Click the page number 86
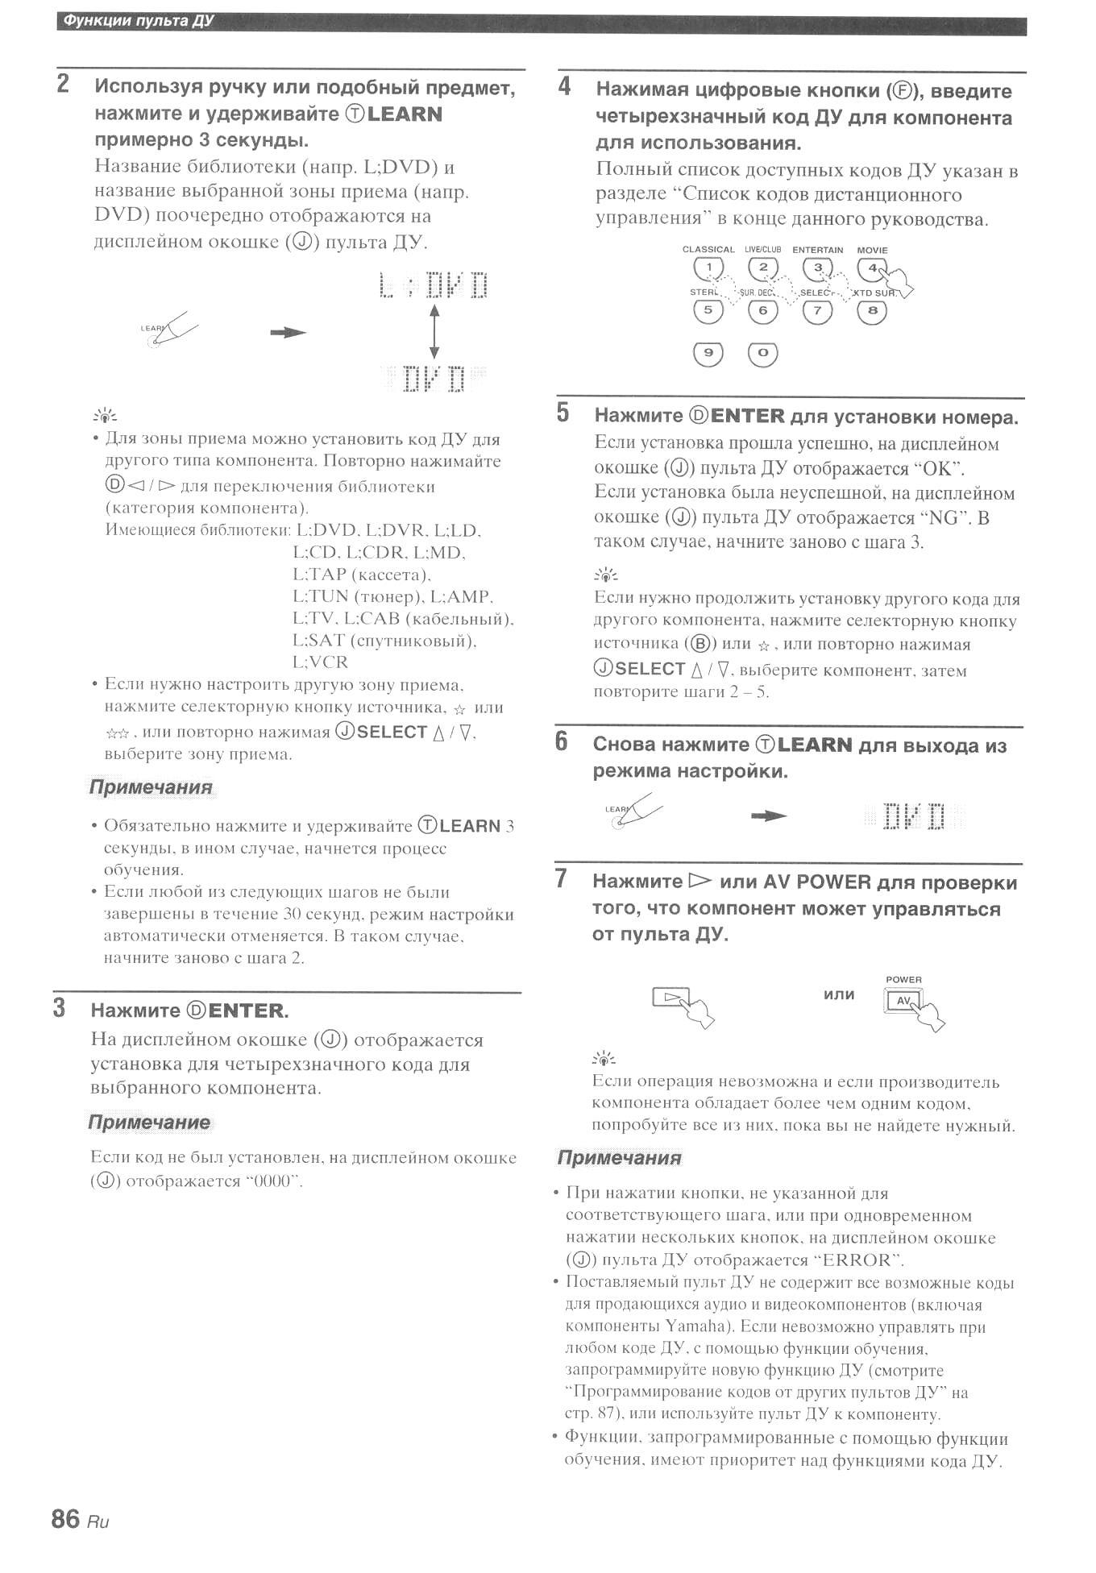pyautogui.click(x=65, y=1519)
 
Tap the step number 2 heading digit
pyautogui.click(x=63, y=84)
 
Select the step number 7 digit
pyautogui.click(x=562, y=878)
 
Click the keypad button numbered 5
pyautogui.click(x=708, y=310)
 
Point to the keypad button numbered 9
pyautogui.click(x=708, y=353)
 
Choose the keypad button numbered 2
pyautogui.click(x=763, y=268)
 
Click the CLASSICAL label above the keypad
pyautogui.click(x=708, y=250)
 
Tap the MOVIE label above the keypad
pyautogui.click(x=872, y=250)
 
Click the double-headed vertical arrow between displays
pyautogui.click(x=434, y=331)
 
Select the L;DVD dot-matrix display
pyautogui.click(x=434, y=285)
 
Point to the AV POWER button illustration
pyautogui.click(x=903, y=1001)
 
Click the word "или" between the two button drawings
pyautogui.click(x=839, y=995)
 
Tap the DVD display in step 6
pyautogui.click(x=913, y=816)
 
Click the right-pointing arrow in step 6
pyautogui.click(x=769, y=816)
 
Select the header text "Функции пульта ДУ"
pyautogui.click(x=138, y=21)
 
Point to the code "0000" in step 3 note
pyautogui.click(x=272, y=1181)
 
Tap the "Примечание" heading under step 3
pyautogui.click(x=149, y=1123)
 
